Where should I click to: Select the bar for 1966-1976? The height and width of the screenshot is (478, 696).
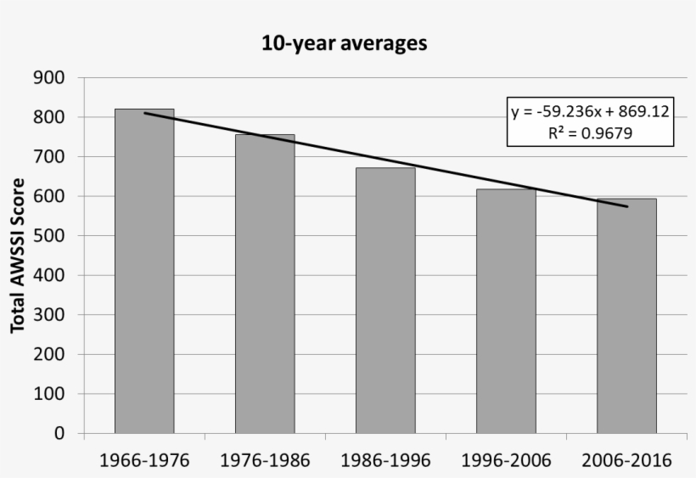click(x=144, y=272)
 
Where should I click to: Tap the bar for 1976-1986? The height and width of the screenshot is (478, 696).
click(x=265, y=284)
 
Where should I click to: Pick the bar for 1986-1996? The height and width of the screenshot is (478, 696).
click(x=385, y=301)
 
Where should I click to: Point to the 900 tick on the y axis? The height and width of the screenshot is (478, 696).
click(x=49, y=78)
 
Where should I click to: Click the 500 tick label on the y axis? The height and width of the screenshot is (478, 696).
click(x=49, y=236)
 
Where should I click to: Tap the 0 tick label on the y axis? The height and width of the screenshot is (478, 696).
click(x=59, y=434)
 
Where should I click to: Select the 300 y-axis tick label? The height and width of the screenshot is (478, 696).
click(x=49, y=315)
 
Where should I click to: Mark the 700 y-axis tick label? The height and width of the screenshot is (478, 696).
click(x=49, y=157)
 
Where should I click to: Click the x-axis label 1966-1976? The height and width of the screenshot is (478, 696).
click(x=144, y=461)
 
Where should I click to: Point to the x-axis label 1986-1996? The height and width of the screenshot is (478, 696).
click(x=385, y=461)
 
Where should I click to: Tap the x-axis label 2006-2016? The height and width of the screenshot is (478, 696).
click(x=626, y=461)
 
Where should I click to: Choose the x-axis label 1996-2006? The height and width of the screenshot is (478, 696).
click(x=506, y=461)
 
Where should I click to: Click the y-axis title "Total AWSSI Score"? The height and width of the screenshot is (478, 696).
click(x=17, y=255)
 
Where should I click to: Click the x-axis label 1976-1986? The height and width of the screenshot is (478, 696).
click(x=265, y=461)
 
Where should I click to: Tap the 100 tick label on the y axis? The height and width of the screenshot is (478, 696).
click(x=49, y=394)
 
